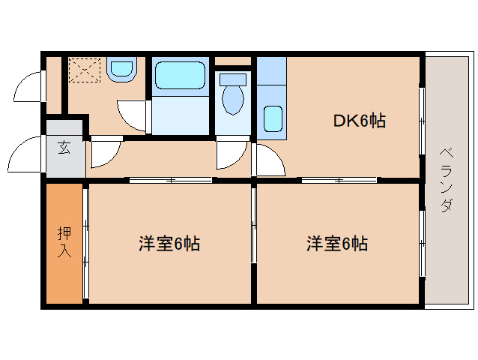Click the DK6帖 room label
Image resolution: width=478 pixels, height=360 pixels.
tap(360, 121)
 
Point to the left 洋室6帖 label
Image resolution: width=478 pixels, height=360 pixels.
tap(169, 244)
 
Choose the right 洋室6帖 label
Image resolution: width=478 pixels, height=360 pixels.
tap(336, 244)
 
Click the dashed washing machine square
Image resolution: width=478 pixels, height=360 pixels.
tap(83, 70)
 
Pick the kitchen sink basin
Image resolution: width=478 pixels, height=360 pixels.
tap(273, 118)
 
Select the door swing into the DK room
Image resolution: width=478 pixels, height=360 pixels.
tap(268, 160)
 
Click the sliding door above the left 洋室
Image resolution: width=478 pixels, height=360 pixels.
tap(170, 180)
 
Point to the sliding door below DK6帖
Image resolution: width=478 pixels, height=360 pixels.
tap(339, 180)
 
